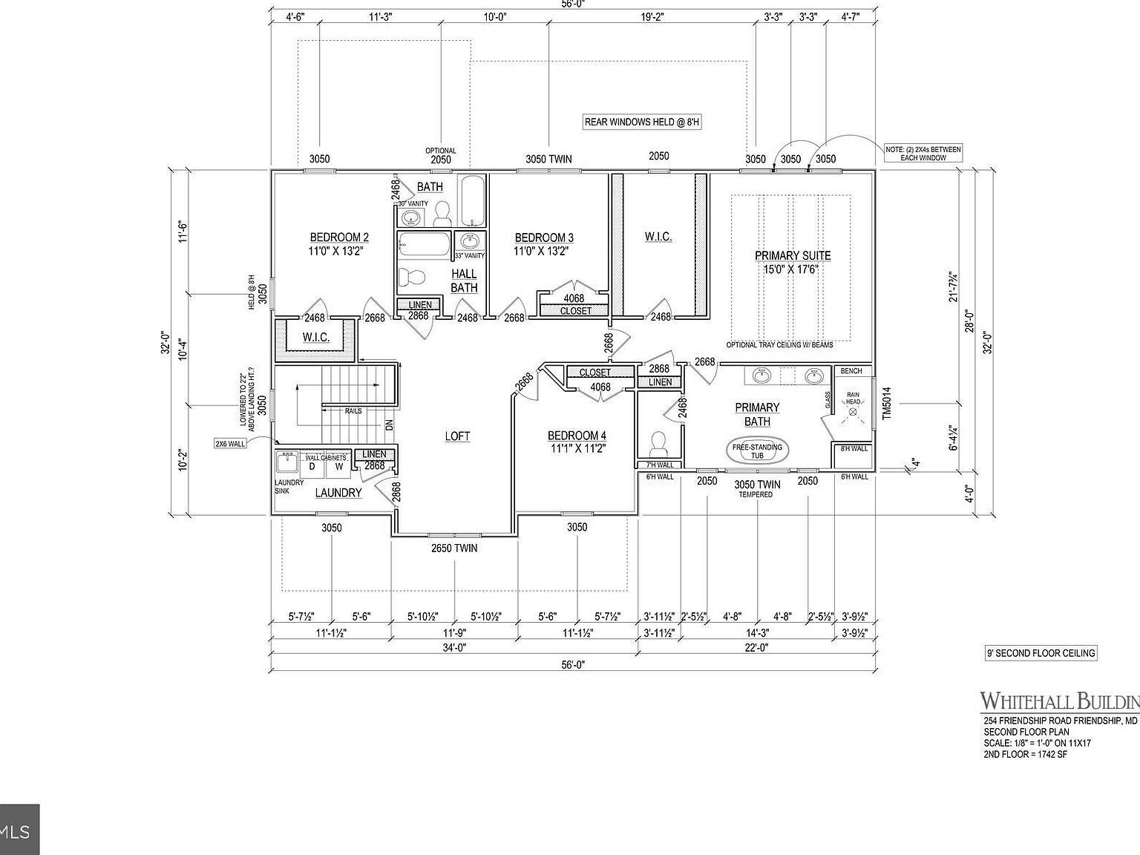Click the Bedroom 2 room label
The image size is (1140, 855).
pos(339,244)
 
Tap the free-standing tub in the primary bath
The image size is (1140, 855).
pos(757,451)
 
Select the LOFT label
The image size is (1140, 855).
pos(457,436)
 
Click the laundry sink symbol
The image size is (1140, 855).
pos(286,464)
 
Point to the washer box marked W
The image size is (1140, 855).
pos(338,466)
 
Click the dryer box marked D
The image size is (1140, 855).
pos(312,466)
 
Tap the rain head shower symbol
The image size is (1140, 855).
pos(852,408)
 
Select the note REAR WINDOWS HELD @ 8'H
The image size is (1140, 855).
pos(642,122)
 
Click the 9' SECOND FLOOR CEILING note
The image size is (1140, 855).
pos(1040,653)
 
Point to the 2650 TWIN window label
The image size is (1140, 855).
pos(454,548)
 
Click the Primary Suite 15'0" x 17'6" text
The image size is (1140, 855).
pos(793,262)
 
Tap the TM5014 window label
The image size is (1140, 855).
pos(886,404)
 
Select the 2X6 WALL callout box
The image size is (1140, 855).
pos(230,443)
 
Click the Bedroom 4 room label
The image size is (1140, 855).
pos(577,442)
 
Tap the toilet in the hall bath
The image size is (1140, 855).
pos(412,278)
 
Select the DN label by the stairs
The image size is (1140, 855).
pos(389,425)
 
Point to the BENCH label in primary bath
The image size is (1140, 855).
pos(851,370)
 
